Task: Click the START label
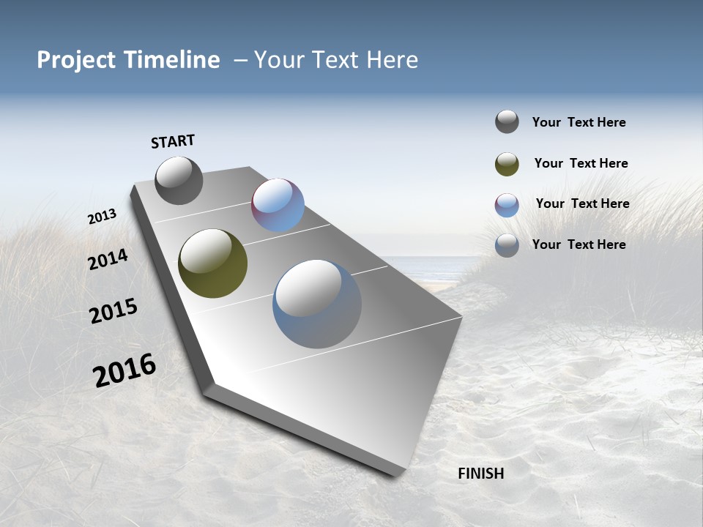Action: [173, 141]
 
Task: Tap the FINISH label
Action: [480, 474]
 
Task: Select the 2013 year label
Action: [102, 217]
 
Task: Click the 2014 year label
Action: [108, 259]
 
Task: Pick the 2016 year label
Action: [124, 370]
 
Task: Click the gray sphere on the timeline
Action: [179, 180]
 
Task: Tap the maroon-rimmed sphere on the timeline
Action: [278, 205]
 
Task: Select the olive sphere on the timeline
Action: [212, 263]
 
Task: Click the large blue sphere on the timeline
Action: [317, 304]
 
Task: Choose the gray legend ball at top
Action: [507, 122]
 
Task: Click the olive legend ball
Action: [507, 164]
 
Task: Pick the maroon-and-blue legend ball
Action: [507, 205]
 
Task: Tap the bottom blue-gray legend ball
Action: [507, 245]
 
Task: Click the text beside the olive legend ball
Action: [581, 163]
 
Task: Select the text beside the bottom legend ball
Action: [579, 244]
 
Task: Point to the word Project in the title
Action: [75, 60]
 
